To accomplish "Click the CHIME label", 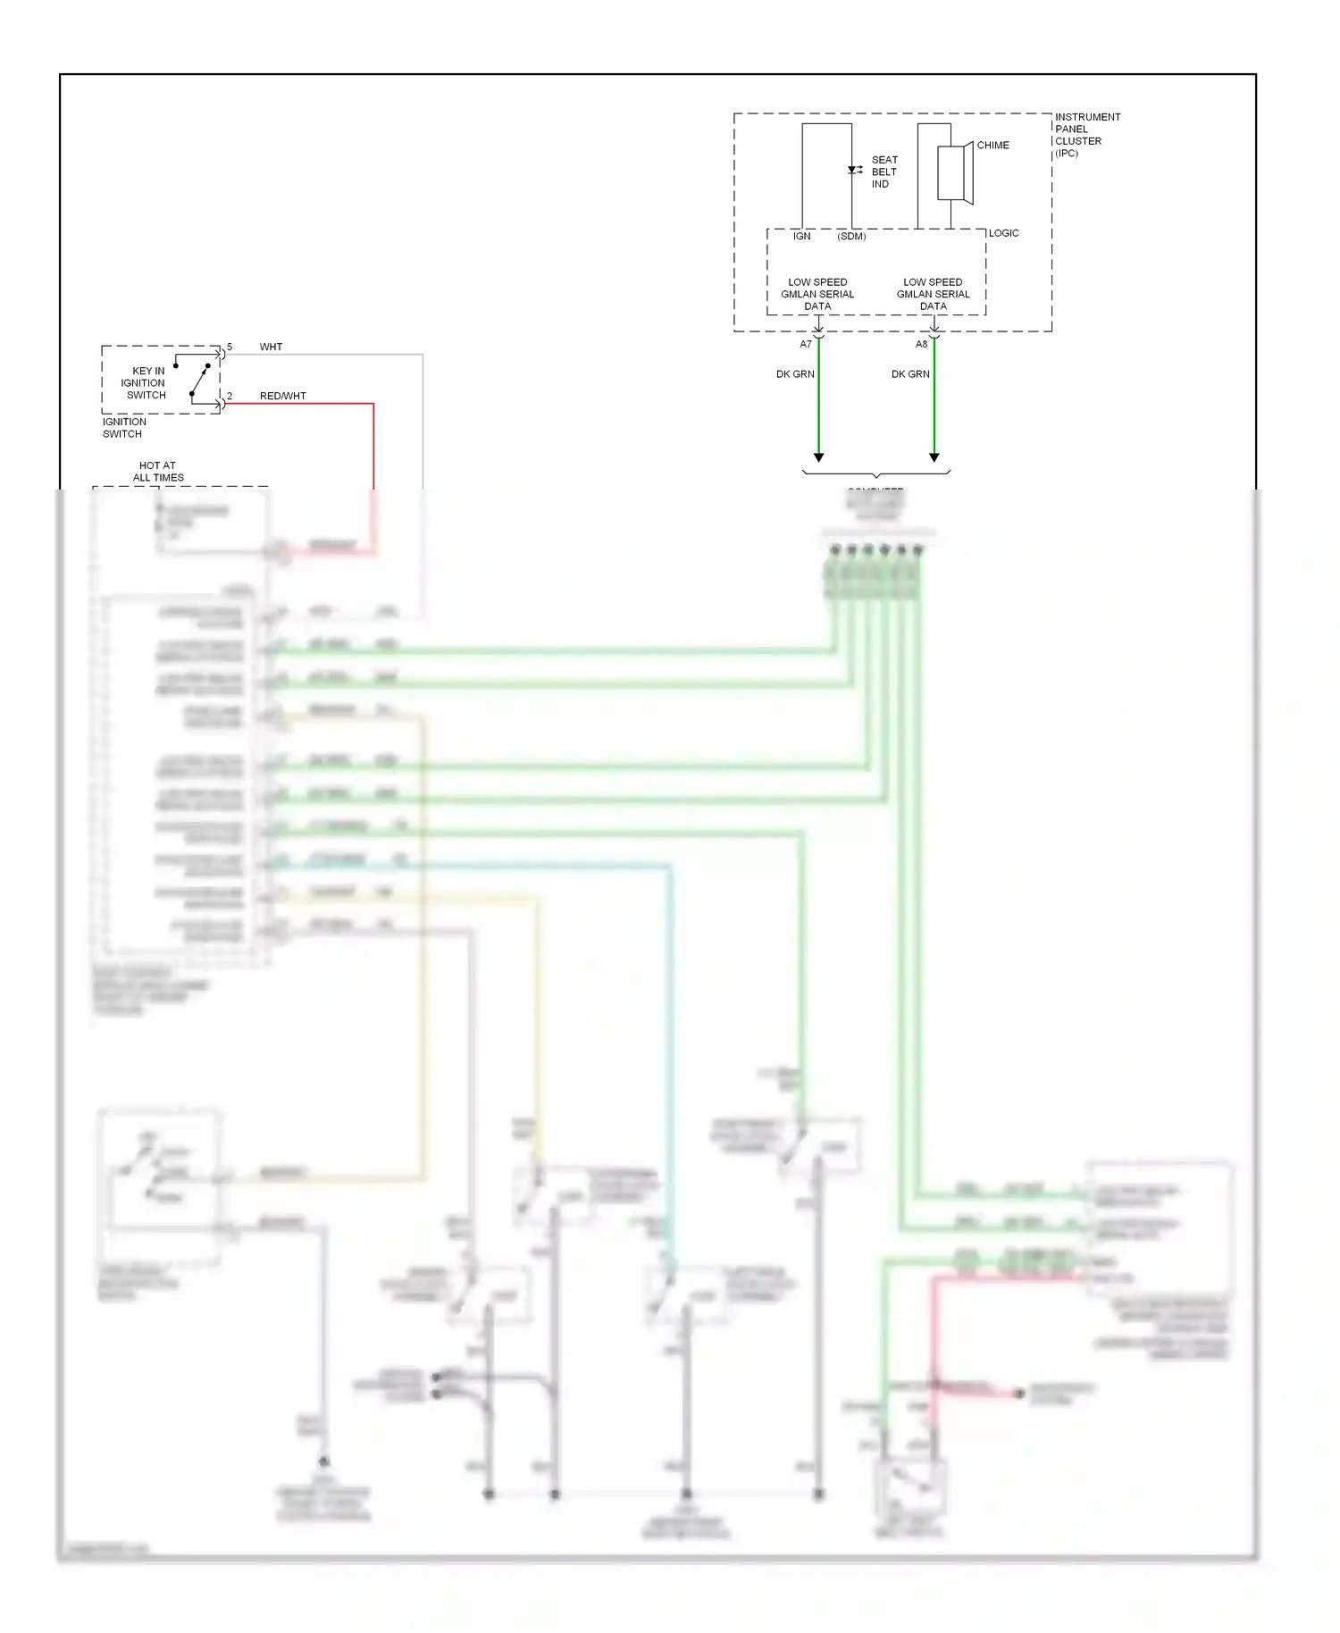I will pos(992,145).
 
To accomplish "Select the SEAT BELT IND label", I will pos(884,172).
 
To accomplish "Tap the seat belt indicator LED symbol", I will pos(853,170).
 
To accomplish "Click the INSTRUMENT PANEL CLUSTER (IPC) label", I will pos(1086,135).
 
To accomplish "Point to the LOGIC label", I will pos(1003,233).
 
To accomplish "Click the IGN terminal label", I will pos(801,237).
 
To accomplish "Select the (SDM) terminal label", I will pos(851,237).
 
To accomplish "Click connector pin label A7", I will pos(806,345).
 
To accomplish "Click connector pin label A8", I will pos(921,345).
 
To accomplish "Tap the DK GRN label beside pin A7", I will pos(795,374).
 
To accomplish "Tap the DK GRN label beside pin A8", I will pos(910,374).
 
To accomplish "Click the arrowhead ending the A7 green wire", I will pos(818,457).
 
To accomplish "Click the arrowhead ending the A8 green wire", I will pos(934,457).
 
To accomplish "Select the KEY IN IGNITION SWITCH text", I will pos(146,382).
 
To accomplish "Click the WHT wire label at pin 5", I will pos(271,347).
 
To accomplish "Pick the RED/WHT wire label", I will pos(282,396).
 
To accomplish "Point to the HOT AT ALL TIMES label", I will pos(158,472).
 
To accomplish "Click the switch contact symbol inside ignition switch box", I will pos(199,379).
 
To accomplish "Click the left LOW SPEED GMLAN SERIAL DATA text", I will pos(817,294).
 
